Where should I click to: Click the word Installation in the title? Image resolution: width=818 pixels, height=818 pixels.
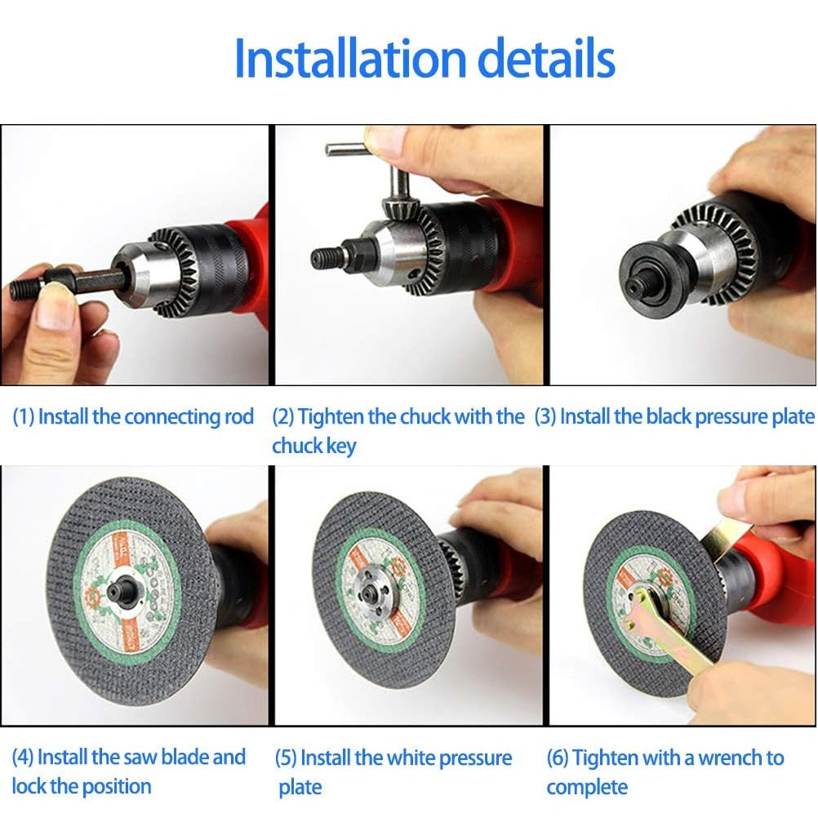click(349, 59)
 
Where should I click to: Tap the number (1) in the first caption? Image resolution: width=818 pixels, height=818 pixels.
click(23, 417)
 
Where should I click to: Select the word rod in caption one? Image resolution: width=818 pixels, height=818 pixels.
click(238, 417)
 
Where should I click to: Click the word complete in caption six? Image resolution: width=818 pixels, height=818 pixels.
click(587, 788)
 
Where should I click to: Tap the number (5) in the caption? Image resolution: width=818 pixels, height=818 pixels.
click(286, 758)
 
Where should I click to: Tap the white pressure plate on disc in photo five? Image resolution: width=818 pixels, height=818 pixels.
click(378, 582)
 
